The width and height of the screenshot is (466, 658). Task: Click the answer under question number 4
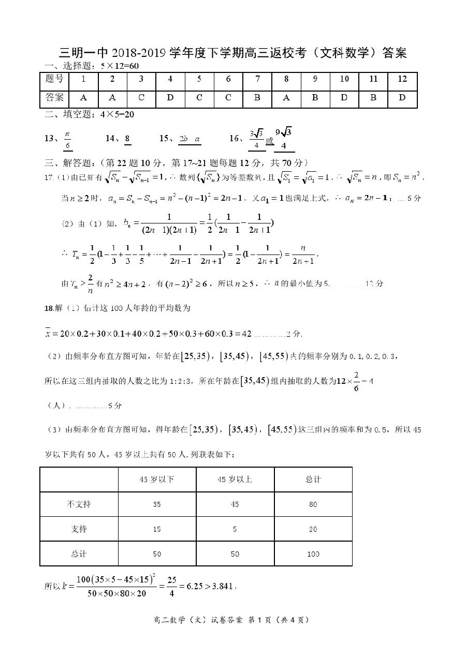[x=170, y=98]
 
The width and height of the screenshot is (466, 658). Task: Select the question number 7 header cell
[x=257, y=79]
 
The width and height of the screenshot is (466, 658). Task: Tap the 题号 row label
[x=54, y=79]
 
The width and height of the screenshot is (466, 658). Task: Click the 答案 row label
[x=54, y=98]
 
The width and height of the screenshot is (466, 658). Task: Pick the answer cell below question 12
[x=402, y=98]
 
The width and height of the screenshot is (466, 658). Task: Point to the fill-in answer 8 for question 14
[x=127, y=138]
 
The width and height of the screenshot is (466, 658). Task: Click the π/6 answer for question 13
[x=67, y=139]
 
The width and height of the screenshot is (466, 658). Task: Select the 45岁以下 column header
[x=157, y=480]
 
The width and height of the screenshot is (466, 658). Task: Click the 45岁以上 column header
[x=235, y=480]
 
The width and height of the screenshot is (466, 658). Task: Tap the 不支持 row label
[x=79, y=504]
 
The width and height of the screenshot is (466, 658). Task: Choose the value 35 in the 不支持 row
[x=157, y=504]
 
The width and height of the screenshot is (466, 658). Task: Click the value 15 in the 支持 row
[x=157, y=529]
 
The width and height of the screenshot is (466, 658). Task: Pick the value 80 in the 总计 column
[x=313, y=504]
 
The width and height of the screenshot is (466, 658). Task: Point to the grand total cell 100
[x=313, y=554]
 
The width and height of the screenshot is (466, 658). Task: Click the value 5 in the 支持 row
[x=235, y=529]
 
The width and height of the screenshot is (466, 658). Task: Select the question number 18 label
[x=49, y=309]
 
